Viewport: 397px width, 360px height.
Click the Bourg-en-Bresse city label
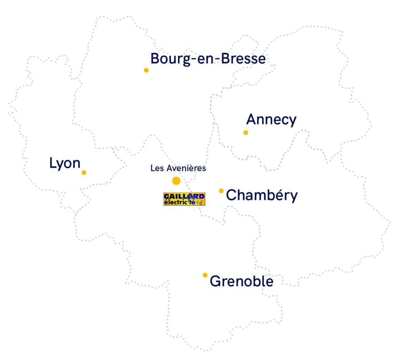tap(208, 59)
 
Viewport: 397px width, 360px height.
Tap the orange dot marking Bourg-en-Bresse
tap(146, 70)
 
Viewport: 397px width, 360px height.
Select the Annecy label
tap(271, 120)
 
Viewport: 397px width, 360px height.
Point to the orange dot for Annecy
tap(245, 133)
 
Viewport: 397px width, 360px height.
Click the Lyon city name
tap(65, 164)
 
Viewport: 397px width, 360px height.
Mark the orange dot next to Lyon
tap(84, 172)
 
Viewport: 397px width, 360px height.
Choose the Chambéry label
tap(261, 195)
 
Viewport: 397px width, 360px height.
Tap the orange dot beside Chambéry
tap(221, 191)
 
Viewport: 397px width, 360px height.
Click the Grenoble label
tap(241, 281)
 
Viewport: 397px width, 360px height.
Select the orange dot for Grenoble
tap(205, 275)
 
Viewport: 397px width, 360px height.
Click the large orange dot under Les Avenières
tap(176, 181)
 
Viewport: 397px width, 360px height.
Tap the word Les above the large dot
tap(157, 168)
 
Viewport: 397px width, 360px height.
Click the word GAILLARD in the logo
tap(184, 196)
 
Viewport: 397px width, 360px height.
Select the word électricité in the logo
tap(180, 202)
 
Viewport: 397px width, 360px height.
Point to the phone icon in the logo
tap(200, 202)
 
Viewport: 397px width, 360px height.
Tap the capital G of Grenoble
tap(215, 281)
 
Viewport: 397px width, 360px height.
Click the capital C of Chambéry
tap(231, 195)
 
